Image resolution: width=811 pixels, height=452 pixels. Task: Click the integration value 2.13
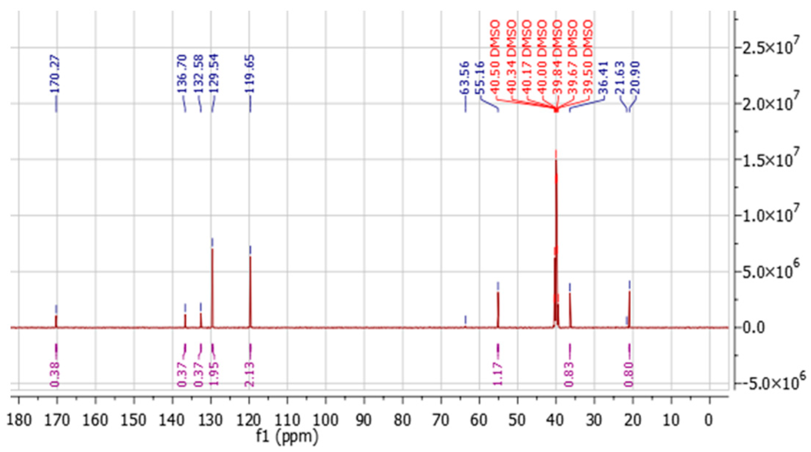250,374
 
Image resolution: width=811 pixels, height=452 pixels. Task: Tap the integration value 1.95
215,374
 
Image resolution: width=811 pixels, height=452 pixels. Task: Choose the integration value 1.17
497,374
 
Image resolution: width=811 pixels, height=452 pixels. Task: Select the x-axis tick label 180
19,421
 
